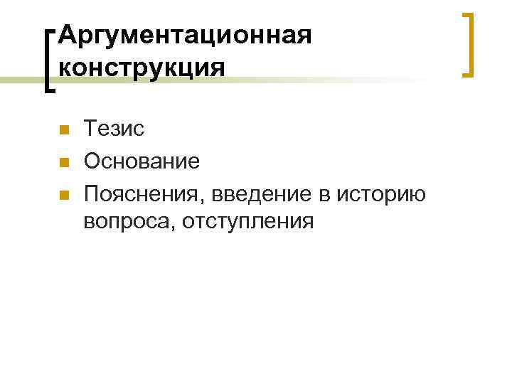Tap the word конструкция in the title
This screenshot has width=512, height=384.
(142, 68)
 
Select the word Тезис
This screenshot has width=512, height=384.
(114, 129)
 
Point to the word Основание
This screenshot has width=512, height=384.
(142, 161)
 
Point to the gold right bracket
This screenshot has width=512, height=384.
(468, 44)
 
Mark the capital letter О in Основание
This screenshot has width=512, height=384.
(92, 161)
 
